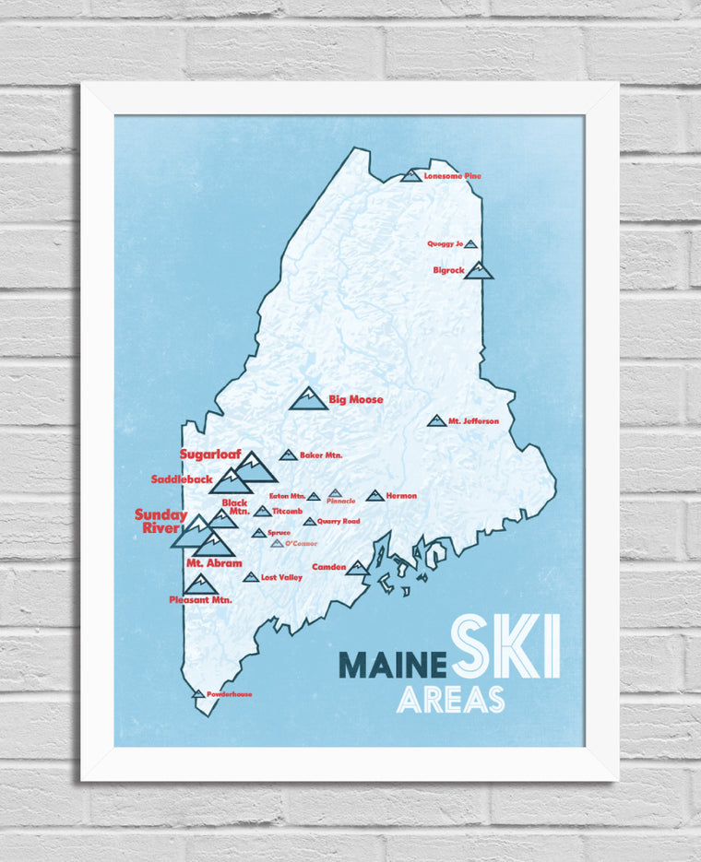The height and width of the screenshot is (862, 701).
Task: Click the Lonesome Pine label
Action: click(452, 176)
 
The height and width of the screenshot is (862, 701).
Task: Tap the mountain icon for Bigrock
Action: click(479, 270)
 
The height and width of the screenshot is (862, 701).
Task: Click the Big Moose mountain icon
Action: click(308, 399)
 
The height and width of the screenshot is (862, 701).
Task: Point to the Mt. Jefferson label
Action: click(473, 421)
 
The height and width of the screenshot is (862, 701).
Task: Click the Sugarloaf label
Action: click(209, 455)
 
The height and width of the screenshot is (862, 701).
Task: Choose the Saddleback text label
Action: click(182, 479)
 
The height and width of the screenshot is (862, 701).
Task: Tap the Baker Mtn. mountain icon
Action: click(288, 455)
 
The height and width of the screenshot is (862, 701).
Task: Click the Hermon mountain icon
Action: click(374, 496)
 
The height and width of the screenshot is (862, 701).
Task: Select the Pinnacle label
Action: click(340, 502)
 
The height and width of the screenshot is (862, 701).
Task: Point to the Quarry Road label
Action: click(339, 522)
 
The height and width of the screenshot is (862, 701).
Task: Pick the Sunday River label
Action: click(160, 522)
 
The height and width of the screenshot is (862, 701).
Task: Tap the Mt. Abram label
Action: click(214, 563)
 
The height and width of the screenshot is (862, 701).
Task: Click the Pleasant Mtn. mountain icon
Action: click(200, 585)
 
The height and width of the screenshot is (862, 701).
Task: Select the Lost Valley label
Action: click(281, 578)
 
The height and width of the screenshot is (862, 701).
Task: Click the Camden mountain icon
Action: click(357, 568)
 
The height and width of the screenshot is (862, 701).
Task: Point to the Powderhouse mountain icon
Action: click(197, 694)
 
